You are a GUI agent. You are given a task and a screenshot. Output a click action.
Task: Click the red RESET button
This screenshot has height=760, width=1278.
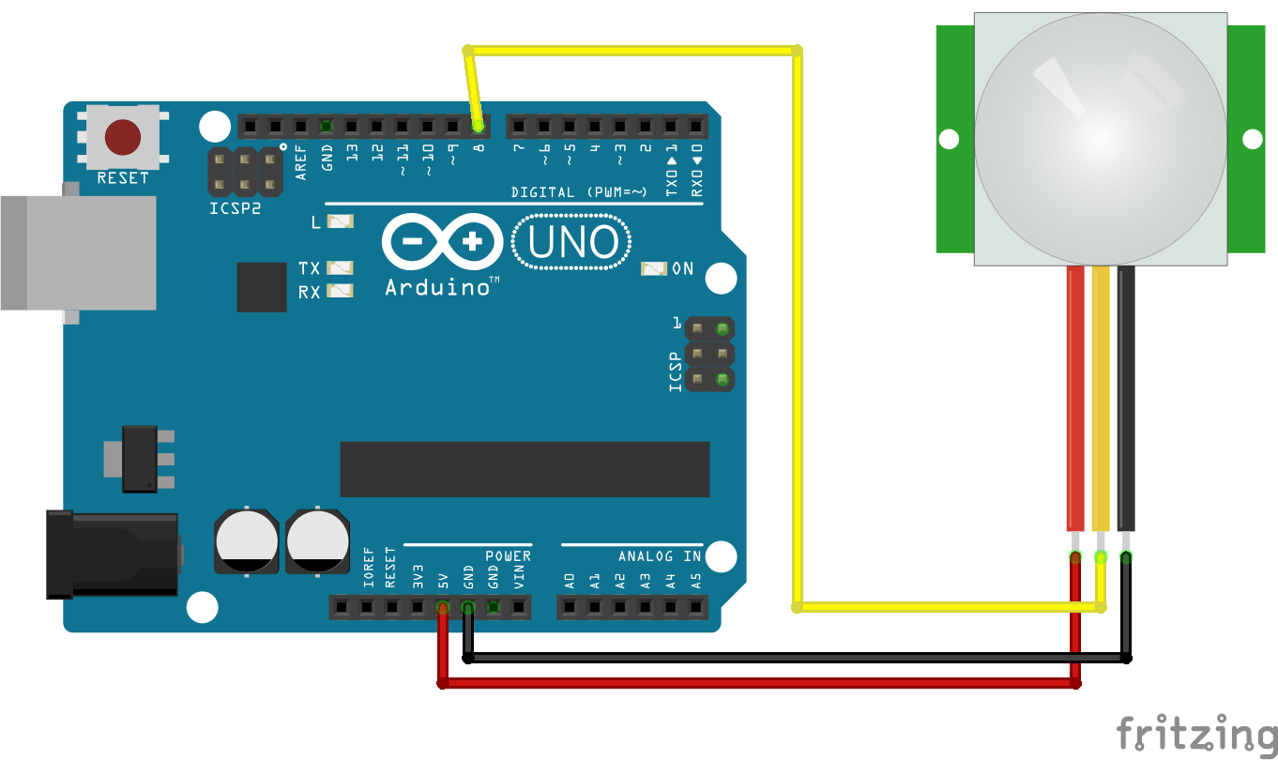[x=124, y=138]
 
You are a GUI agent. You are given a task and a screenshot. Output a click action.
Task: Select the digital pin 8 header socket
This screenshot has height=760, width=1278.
[x=479, y=126]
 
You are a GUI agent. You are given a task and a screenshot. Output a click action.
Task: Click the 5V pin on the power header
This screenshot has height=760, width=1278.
[x=442, y=608]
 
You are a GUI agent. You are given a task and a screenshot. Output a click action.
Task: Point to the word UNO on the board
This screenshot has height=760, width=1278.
[x=573, y=243]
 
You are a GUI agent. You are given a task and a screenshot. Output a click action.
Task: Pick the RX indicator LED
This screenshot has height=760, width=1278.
[x=340, y=292]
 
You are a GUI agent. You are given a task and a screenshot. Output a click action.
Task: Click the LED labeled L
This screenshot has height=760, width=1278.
[x=340, y=222]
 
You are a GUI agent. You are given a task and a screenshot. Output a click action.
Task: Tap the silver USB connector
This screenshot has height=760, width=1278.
[x=80, y=252]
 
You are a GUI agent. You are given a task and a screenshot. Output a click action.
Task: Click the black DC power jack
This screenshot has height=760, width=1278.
[x=113, y=554]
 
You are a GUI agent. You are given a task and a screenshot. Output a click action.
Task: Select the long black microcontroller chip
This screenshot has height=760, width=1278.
[x=525, y=469]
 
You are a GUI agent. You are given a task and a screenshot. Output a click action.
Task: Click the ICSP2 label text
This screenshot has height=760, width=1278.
[x=235, y=208]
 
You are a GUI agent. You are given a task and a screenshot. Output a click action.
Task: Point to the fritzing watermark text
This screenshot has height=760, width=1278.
[x=1196, y=733]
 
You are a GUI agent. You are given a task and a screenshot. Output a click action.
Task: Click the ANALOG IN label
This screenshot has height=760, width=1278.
[x=660, y=556]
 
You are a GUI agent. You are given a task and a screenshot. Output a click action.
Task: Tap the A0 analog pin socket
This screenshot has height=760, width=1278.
[x=570, y=608]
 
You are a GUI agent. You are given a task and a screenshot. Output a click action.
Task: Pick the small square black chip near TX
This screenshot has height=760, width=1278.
[x=262, y=287]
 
